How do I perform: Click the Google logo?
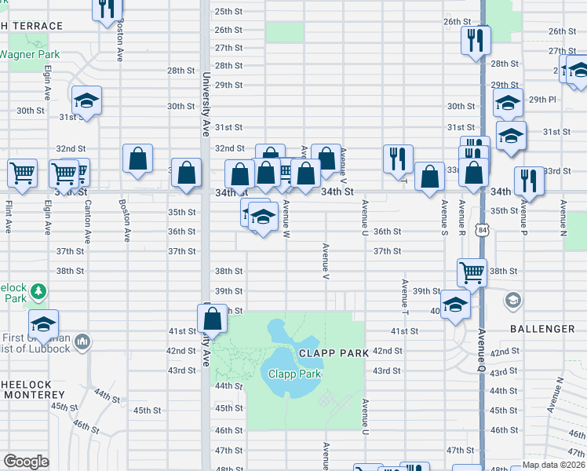pyautogui.click(x=26, y=462)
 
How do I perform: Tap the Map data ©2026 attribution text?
pyautogui.click(x=554, y=465)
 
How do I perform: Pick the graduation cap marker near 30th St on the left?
pyautogui.click(x=87, y=100)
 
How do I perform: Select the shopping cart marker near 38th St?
pyautogui.click(x=472, y=272)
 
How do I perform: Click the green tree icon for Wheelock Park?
pyautogui.click(x=38, y=293)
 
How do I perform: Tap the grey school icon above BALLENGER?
pyautogui.click(x=513, y=300)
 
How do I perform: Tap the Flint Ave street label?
pyautogui.click(x=8, y=217)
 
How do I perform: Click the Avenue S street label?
pyautogui.click(x=444, y=217)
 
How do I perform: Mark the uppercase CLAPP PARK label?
pyautogui.click(x=334, y=353)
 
